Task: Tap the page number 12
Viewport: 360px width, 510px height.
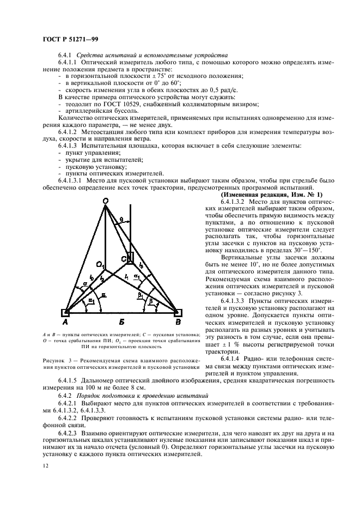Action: (46, 466)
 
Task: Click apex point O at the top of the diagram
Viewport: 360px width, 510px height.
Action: (106, 201)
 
